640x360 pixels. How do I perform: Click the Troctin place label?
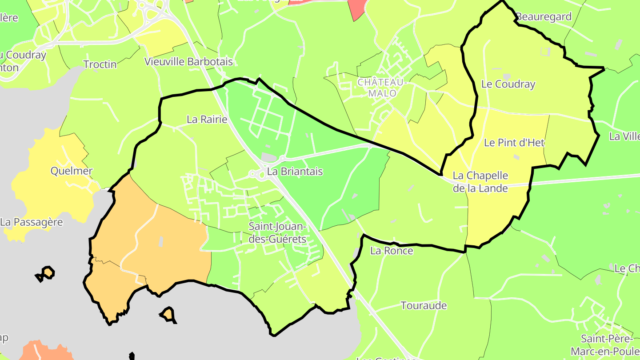point(100,64)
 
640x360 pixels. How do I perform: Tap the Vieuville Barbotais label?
point(188,62)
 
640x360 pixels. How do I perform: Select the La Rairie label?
point(207,120)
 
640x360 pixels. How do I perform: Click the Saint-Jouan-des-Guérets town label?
point(277,233)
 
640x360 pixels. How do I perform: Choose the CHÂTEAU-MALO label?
point(381,88)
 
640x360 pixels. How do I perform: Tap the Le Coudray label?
point(508,84)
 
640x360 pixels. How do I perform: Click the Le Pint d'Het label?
point(514,143)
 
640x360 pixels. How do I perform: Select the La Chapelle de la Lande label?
point(480,182)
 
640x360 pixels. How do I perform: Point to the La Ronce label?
point(392,251)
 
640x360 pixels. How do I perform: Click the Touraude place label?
point(424,306)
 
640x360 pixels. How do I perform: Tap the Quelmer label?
point(72,171)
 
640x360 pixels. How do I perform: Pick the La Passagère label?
point(32,222)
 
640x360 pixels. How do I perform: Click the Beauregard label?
point(544,17)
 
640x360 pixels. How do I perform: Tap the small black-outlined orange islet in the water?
point(168,314)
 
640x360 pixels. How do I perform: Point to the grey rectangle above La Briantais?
point(268,157)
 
